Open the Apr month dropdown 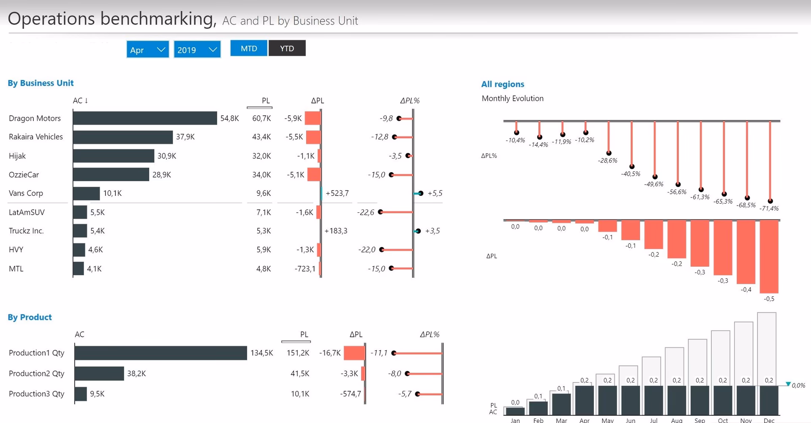pos(147,50)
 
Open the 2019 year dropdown pos(197,50)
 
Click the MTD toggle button pos(249,49)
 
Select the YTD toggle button pos(287,49)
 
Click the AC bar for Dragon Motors pos(145,118)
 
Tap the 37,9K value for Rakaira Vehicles pos(185,137)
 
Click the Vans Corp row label pos(26,193)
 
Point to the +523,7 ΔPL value pos(337,193)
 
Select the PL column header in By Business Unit pos(265,100)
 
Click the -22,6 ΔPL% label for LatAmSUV pos(366,212)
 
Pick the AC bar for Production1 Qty pos(161,353)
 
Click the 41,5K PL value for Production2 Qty pos(300,373)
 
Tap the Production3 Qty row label pos(36,393)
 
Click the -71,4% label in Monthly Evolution pos(769,208)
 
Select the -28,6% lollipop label pos(607,160)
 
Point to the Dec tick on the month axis pos(769,420)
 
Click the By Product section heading pos(30,317)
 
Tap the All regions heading pos(503,84)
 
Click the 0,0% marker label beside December pos(798,385)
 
